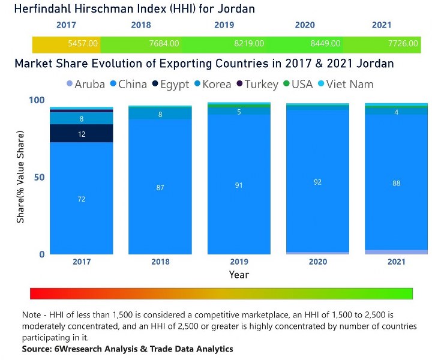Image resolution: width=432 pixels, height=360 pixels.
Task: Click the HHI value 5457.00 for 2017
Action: pyautogui.click(x=83, y=44)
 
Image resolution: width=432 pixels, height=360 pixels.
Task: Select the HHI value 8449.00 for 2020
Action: pyautogui.click(x=326, y=44)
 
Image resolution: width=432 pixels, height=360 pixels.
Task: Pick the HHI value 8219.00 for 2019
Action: pyautogui.click(x=245, y=44)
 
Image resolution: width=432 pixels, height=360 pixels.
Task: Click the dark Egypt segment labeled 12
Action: pyautogui.click(x=82, y=134)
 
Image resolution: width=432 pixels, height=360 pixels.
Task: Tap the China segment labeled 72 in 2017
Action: pyautogui.click(x=82, y=199)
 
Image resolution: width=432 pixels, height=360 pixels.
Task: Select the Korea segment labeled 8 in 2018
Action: pyautogui.click(x=160, y=114)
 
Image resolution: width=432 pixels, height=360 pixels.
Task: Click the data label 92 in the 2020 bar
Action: pyautogui.click(x=318, y=182)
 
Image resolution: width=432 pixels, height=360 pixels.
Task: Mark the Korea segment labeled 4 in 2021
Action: pyautogui.click(x=397, y=112)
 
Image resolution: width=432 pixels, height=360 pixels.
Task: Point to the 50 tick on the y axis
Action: pyautogui.click(x=38, y=178)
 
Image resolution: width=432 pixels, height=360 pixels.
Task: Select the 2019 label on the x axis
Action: pyautogui.click(x=239, y=262)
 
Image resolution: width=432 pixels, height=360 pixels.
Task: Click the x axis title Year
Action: pyautogui.click(x=239, y=275)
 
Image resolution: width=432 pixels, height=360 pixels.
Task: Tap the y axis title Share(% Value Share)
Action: pyautogui.click(x=21, y=178)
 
